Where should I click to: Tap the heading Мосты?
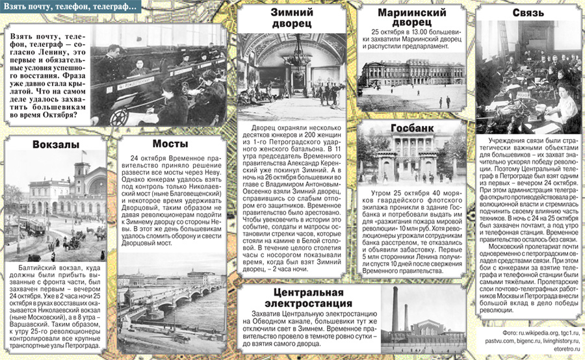click(170, 144)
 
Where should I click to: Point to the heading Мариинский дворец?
click(411, 18)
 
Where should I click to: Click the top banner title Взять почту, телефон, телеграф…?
click(71, 7)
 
